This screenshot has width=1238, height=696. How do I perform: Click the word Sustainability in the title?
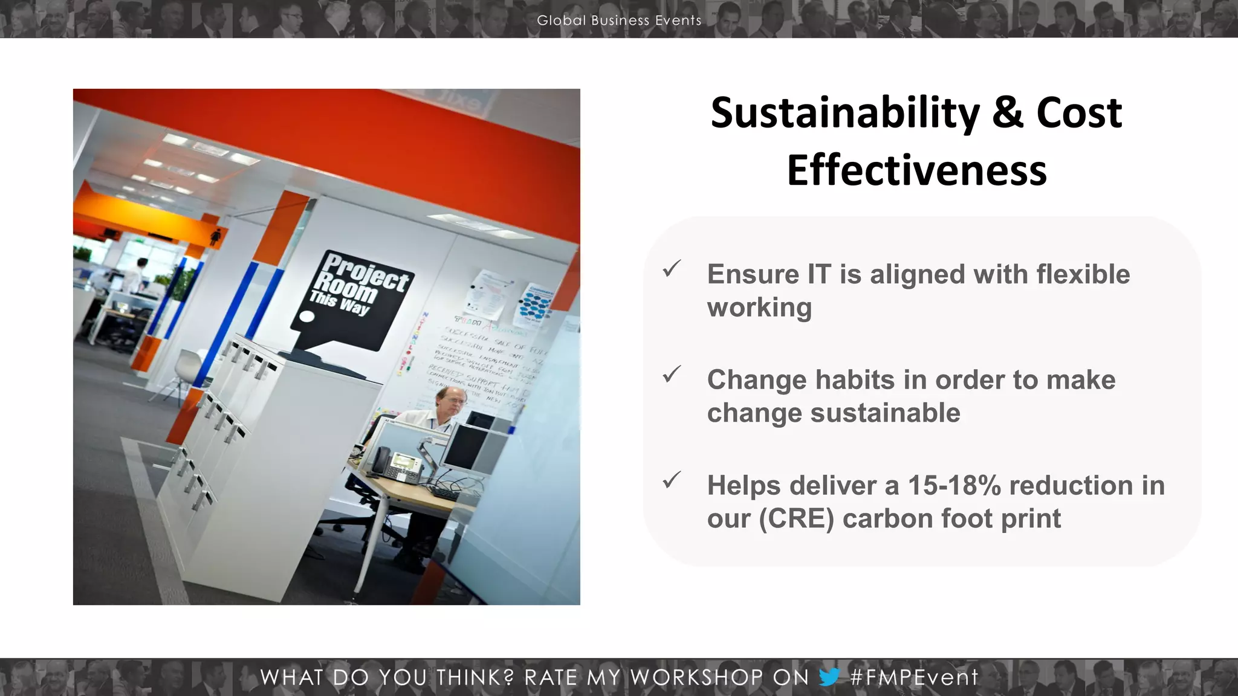(x=844, y=114)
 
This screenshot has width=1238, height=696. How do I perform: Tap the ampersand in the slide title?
(x=1007, y=114)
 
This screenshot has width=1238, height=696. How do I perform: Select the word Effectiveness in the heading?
(x=916, y=171)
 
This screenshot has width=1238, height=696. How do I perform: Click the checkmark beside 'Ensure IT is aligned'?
(x=672, y=269)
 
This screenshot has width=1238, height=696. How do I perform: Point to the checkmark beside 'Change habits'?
(x=672, y=375)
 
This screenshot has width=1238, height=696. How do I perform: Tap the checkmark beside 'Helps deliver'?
(x=672, y=480)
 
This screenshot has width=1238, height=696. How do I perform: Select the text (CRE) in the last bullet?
(x=796, y=519)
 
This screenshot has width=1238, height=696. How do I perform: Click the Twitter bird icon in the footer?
(x=829, y=677)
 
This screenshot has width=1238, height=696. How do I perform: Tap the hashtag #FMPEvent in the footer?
(x=913, y=677)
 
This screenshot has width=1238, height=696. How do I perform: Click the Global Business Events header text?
(x=619, y=21)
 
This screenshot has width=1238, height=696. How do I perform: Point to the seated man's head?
(x=450, y=399)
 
